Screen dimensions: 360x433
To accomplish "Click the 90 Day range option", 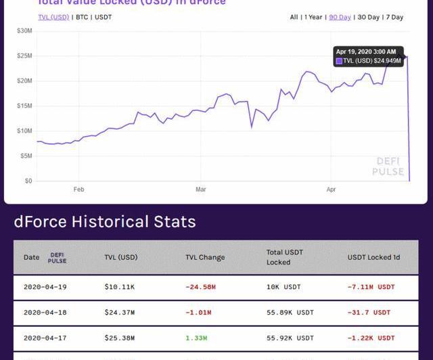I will click(x=340, y=17).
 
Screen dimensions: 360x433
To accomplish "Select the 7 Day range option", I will click(x=394, y=17).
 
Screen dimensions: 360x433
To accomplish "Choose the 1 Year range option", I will click(x=313, y=17).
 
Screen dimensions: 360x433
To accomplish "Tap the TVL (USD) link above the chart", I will click(x=53, y=17).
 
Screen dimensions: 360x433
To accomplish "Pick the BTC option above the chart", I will click(x=81, y=17).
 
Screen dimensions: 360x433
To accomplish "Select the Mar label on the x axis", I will click(x=200, y=190).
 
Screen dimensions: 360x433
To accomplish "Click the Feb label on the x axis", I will click(x=79, y=190).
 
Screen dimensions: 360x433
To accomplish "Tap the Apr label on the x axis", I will click(x=331, y=190).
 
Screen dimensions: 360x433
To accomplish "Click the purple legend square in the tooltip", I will click(x=339, y=61).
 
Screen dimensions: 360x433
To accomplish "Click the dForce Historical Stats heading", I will click(x=105, y=222).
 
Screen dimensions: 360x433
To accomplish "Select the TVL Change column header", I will click(x=205, y=257).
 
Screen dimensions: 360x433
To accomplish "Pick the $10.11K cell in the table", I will click(x=119, y=287).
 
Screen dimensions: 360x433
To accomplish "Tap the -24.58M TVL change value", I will click(x=200, y=287).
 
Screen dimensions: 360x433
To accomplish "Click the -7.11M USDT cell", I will click(x=371, y=287).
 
